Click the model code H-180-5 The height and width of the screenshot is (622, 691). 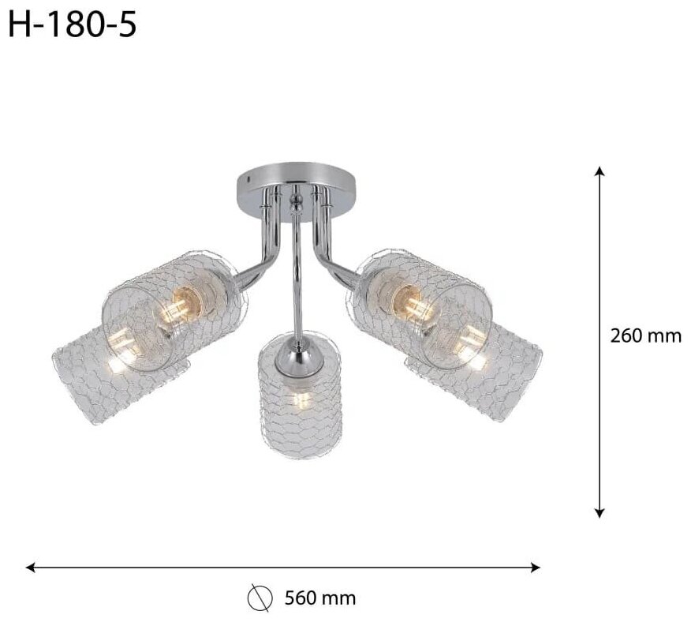pyautogui.click(x=73, y=25)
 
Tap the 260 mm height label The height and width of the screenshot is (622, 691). pyautogui.click(x=645, y=336)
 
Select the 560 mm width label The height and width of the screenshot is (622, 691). pyautogui.click(x=320, y=598)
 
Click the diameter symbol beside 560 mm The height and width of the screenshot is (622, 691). pyautogui.click(x=259, y=598)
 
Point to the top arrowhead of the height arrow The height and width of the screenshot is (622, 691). pyautogui.click(x=599, y=170)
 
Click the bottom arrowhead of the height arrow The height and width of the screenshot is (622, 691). pyautogui.click(x=599, y=513)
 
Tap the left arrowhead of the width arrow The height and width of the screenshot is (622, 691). pyautogui.click(x=31, y=568)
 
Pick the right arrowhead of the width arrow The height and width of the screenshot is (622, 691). pyautogui.click(x=535, y=568)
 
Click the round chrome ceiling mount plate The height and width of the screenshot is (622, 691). pyautogui.click(x=296, y=185)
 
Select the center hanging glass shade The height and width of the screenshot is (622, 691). pyautogui.click(x=300, y=394)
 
